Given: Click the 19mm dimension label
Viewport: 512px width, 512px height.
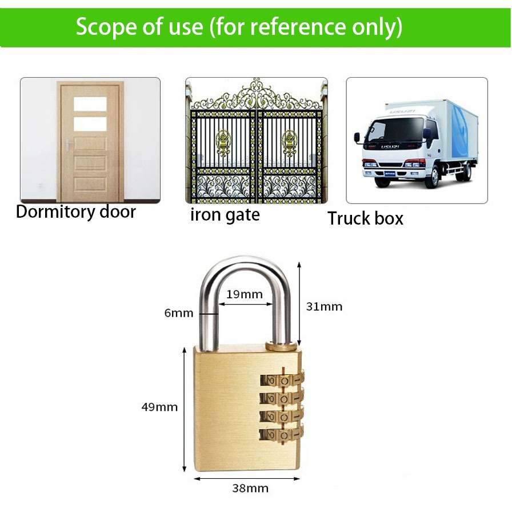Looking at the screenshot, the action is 245,295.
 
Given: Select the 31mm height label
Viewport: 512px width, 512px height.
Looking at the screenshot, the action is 324,306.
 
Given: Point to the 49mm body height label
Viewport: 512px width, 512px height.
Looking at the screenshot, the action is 159,407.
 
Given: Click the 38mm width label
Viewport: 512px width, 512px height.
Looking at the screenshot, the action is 250,488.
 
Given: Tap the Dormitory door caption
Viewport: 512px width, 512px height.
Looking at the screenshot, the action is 76,212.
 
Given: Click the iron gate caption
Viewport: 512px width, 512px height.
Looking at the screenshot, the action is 225,215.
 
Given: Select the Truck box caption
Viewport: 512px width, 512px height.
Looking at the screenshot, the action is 365,218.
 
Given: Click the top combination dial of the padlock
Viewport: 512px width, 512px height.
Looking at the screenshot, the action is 283,380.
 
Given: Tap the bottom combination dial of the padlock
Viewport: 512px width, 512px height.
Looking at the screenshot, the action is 283,434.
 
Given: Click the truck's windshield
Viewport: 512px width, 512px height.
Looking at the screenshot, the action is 394,130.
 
